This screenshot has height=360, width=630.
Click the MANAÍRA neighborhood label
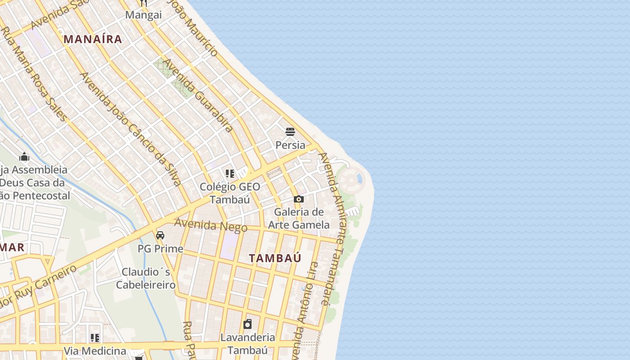coord(93,39)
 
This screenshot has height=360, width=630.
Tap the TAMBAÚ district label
coord(275,258)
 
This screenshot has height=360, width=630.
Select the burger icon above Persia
coord(290,132)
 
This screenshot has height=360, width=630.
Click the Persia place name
coord(290,145)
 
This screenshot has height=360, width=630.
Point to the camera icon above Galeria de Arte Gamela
coord(298,199)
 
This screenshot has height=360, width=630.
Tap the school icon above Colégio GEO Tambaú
coord(230,174)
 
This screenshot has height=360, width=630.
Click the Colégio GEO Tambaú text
coord(230,193)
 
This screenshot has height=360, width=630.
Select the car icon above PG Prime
coord(160,235)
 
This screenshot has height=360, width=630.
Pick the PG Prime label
coord(160,249)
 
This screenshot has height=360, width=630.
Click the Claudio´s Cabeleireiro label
coord(146,278)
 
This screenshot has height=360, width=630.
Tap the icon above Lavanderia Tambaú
coord(247,324)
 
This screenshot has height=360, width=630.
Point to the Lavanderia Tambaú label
coord(247,343)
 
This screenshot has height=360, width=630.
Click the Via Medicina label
coord(94,351)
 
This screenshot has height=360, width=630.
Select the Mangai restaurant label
coord(143,15)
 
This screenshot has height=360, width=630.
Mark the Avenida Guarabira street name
coord(198,95)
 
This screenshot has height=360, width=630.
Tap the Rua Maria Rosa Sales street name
coord(35,74)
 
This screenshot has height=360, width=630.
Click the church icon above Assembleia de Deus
coord(24,157)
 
